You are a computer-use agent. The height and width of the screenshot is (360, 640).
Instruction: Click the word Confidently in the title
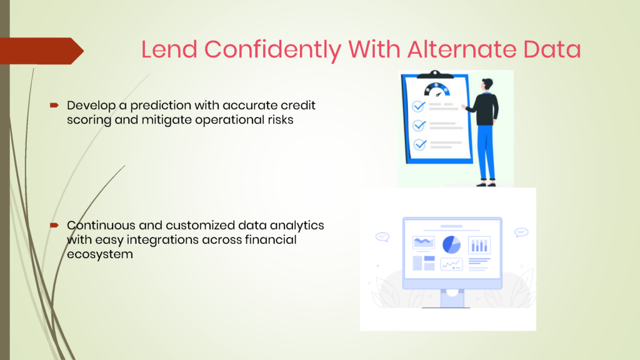click(x=272, y=49)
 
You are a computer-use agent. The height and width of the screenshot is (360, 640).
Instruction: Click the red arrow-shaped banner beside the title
click(x=42, y=51)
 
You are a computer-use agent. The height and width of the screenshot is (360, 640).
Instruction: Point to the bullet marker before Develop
click(x=54, y=105)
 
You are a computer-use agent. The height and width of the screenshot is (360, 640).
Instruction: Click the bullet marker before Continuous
click(x=54, y=225)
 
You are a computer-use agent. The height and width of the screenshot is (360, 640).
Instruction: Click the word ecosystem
click(x=100, y=254)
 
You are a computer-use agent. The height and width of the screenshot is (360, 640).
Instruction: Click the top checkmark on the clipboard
click(x=418, y=106)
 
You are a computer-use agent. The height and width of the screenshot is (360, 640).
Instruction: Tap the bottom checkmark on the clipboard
click(x=419, y=144)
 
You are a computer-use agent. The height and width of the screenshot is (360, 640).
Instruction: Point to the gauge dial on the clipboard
click(x=437, y=89)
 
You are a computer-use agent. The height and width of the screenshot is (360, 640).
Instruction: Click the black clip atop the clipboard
click(x=435, y=74)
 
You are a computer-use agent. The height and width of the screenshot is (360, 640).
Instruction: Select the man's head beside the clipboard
click(x=487, y=85)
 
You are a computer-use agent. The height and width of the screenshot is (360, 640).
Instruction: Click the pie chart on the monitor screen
click(x=451, y=244)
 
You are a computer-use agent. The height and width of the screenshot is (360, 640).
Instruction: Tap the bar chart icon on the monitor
click(x=479, y=245)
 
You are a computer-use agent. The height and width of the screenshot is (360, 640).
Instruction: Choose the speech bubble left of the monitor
click(x=382, y=237)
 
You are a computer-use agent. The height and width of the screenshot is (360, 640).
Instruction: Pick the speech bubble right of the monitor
click(x=521, y=232)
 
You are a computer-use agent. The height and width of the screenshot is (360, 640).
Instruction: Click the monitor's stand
click(x=452, y=299)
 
